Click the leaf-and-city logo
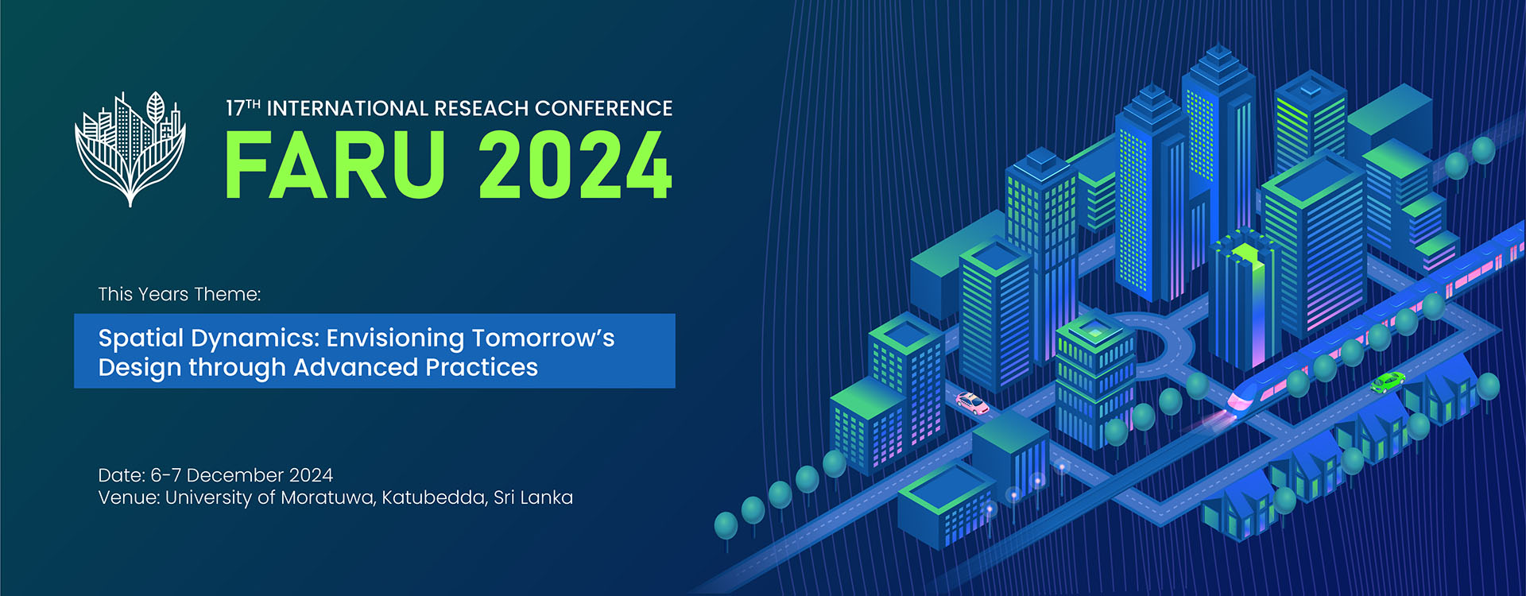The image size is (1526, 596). pyautogui.click(x=130, y=149)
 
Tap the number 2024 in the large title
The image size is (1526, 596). pyautogui.click(x=575, y=165)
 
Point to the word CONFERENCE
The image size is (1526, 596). pyautogui.click(x=604, y=108)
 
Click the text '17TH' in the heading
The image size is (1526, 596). pyautogui.click(x=243, y=108)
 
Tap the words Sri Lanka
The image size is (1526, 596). pyautogui.click(x=533, y=497)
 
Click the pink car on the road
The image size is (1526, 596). pyautogui.click(x=972, y=403)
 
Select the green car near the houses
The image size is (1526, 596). pyautogui.click(x=1387, y=382)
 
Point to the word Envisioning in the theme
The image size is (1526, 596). pyautogui.click(x=395, y=339)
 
